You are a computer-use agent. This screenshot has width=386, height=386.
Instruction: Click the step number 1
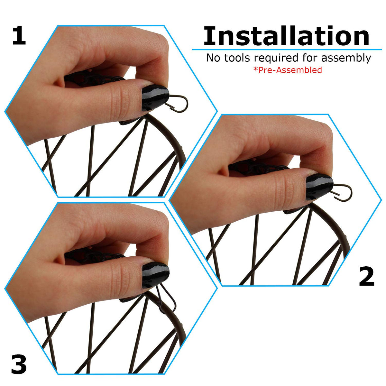[19, 36]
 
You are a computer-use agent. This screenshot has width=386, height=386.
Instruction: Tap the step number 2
[366, 277]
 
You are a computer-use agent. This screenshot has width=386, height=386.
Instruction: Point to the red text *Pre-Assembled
[288, 70]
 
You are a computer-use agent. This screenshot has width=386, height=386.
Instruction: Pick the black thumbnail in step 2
[319, 186]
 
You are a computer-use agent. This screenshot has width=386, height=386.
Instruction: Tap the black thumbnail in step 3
[155, 275]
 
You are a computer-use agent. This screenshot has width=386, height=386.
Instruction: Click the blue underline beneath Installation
[287, 49]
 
